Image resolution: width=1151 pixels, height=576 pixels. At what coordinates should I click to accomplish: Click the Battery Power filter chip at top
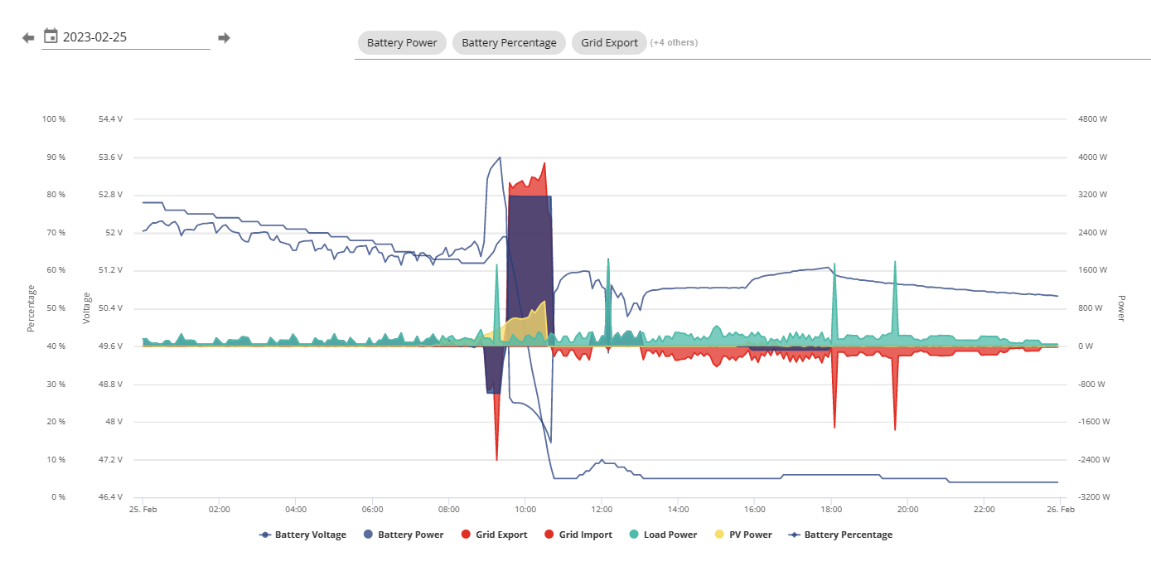(402, 42)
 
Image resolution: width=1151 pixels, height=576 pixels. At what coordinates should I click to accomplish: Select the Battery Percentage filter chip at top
(509, 42)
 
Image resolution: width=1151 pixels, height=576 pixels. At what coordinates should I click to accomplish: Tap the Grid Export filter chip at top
(609, 42)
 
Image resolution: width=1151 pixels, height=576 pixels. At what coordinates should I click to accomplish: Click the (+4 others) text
(674, 42)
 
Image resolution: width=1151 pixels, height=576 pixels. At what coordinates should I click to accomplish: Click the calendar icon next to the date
(51, 36)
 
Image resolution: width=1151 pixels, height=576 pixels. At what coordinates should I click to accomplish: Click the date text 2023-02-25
(94, 37)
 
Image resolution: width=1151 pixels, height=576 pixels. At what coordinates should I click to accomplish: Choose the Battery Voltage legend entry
(302, 535)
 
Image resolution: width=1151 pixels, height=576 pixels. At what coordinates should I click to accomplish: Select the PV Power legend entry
(743, 535)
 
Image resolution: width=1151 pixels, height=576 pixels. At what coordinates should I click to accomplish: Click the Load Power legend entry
(663, 535)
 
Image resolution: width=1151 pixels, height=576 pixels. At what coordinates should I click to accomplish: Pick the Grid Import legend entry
(578, 535)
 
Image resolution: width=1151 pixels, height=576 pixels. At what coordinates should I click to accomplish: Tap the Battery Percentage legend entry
(840, 535)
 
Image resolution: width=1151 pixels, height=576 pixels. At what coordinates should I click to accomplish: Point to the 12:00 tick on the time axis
(602, 509)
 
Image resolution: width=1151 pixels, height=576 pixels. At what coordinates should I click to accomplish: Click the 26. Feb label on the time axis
(1061, 509)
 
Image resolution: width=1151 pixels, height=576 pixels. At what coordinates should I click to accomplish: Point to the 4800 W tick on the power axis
(1092, 119)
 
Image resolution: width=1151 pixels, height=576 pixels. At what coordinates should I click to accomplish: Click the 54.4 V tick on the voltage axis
(110, 119)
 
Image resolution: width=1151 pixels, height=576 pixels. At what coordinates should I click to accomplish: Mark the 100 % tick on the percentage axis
(54, 119)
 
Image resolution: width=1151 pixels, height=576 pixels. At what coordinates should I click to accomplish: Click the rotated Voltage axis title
(86, 308)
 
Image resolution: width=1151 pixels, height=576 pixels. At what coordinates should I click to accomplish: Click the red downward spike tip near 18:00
(834, 428)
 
